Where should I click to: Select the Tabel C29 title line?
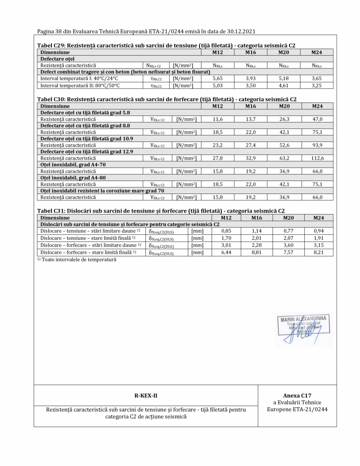[x=166, y=46]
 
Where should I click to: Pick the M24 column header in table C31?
[x=317, y=217]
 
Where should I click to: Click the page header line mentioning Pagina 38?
[x=147, y=31]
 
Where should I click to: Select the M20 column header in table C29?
[x=283, y=52]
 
